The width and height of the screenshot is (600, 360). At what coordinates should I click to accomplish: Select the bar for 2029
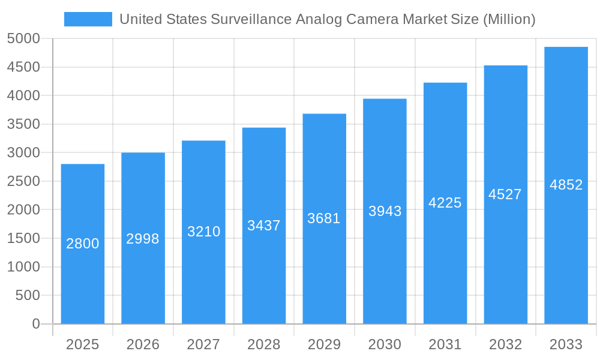324,270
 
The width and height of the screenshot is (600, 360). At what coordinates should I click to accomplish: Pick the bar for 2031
445,264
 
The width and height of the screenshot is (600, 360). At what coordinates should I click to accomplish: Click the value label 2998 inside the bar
143,239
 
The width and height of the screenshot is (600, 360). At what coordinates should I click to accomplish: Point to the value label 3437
264,226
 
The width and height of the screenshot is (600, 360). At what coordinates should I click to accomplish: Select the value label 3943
385,211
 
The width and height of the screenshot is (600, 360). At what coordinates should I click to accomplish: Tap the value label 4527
505,194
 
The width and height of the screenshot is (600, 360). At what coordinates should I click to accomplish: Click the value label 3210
203,232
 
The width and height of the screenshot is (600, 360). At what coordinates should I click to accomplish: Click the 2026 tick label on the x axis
143,344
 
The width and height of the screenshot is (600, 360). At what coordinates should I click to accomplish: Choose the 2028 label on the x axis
264,344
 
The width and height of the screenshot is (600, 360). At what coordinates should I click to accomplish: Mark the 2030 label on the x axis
385,344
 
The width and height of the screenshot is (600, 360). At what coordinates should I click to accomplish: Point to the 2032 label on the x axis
505,344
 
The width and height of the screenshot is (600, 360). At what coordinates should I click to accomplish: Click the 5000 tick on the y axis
23,39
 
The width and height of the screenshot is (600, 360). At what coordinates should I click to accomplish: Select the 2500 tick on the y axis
23,181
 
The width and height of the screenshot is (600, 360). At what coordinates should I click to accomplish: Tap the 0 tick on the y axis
35,324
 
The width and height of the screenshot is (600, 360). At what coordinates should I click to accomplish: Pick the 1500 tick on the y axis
23,238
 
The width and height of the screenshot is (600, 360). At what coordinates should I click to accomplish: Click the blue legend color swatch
88,19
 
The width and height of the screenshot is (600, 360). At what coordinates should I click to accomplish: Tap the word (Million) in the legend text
509,19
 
